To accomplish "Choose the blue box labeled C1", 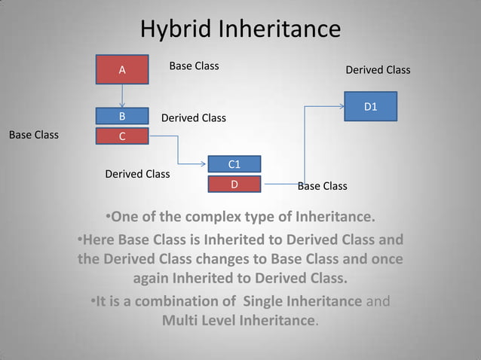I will (x=234, y=164).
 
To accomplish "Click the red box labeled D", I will (x=234, y=184).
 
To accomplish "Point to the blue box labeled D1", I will (x=370, y=107).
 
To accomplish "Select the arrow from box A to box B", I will (x=122, y=96).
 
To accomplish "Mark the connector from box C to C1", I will (x=179, y=150).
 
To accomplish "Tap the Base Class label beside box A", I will (x=194, y=66).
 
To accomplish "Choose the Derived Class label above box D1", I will (x=378, y=70).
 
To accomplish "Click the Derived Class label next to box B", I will (x=194, y=118).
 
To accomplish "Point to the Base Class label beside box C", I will (x=33, y=136).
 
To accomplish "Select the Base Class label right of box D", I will (x=323, y=186).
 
